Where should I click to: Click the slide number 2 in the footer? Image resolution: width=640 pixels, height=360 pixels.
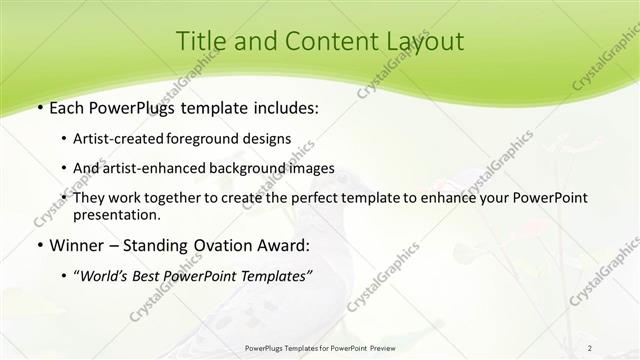pyautogui.click(x=589, y=347)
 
